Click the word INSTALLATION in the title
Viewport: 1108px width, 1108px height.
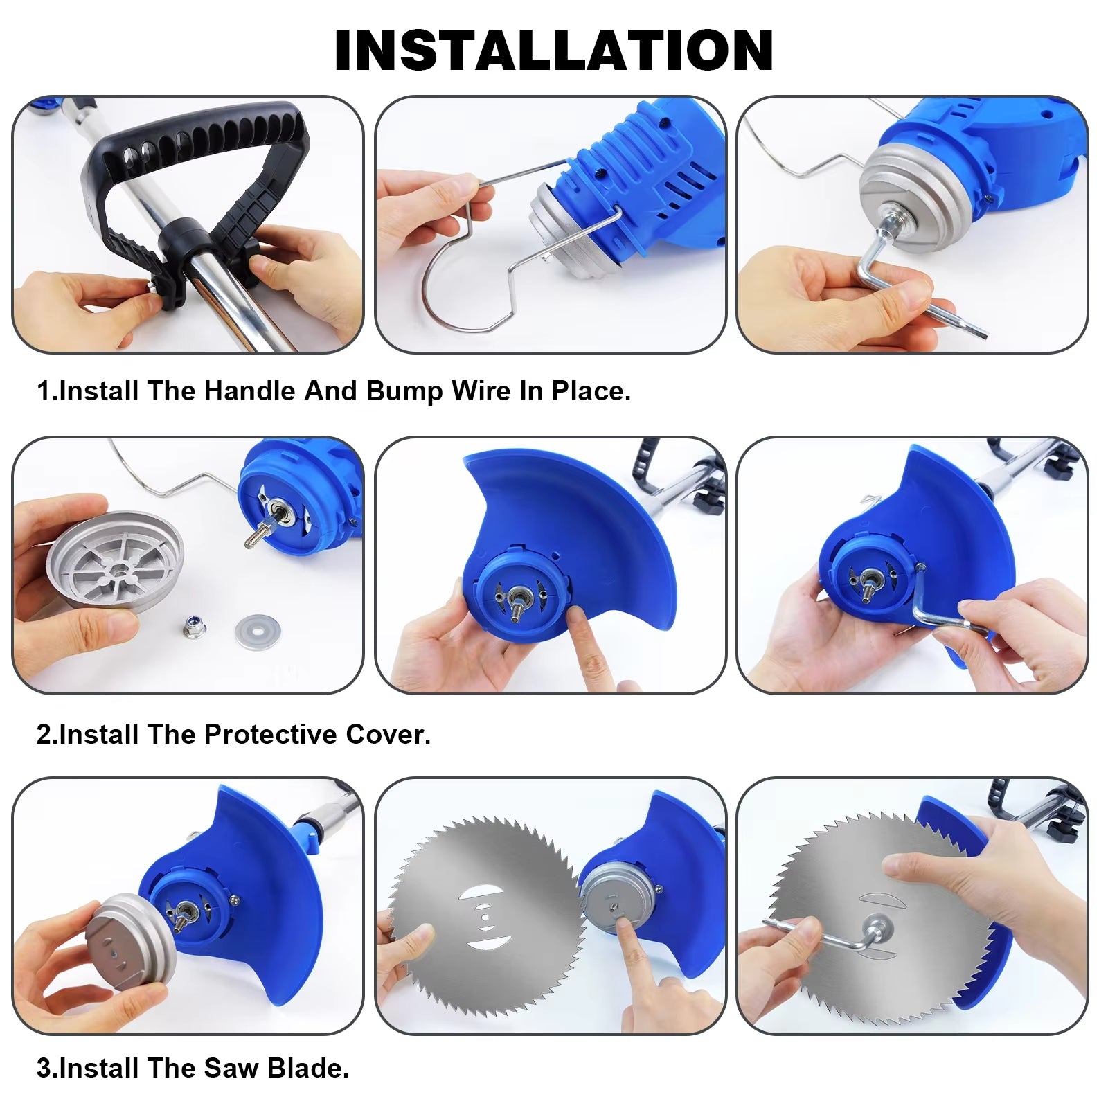[553, 50]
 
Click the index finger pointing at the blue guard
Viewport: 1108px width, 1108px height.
[585, 634]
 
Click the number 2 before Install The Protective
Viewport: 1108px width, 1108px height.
[44, 734]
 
